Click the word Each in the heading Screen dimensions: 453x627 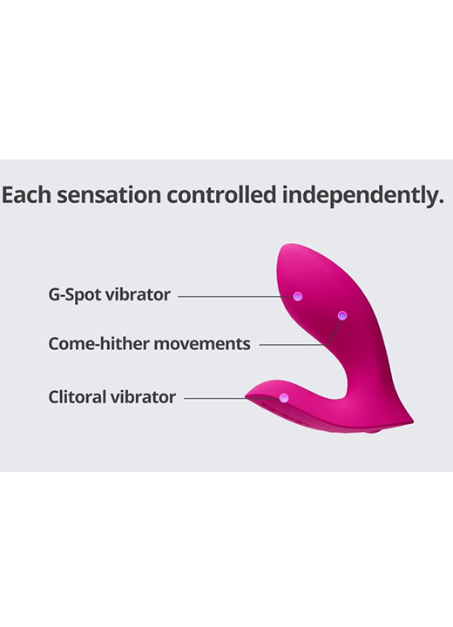[x=26, y=195]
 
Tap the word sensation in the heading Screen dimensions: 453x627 [x=108, y=195]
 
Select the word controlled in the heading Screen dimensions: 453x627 [x=221, y=195]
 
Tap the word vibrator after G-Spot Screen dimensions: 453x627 [x=138, y=294]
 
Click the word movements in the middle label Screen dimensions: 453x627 [x=202, y=344]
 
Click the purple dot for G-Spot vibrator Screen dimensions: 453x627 [x=297, y=296]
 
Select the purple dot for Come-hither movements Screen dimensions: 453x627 [x=341, y=315]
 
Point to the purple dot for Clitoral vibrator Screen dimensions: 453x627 [x=284, y=397]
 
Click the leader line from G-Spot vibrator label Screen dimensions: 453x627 [x=235, y=297]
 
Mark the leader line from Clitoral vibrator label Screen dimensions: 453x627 [x=232, y=398]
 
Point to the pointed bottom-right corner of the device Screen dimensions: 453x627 [x=413, y=421]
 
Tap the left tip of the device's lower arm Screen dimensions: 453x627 [x=247, y=396]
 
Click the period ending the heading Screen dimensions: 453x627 [x=440, y=203]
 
